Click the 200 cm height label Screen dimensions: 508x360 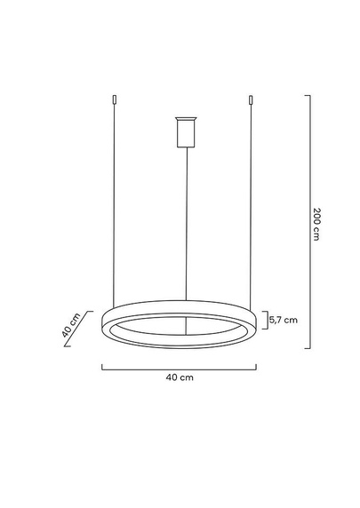click(316, 225)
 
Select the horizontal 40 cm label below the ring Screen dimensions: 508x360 click(180, 377)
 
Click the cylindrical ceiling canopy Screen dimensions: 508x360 click(185, 133)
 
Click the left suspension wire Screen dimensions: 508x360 click(114, 204)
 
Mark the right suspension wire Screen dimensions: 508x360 click(252, 204)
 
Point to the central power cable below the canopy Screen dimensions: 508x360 click(185, 222)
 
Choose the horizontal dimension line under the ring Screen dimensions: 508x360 click(180, 367)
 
